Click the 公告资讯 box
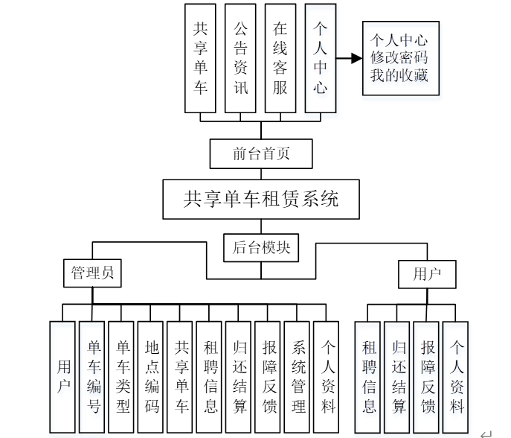(240, 57)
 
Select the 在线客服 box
(280, 57)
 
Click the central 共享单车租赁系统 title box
(261, 199)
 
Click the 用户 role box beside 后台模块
(427, 274)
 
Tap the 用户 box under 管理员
(63, 377)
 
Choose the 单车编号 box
(93, 377)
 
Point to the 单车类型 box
(122, 377)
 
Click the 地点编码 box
(151, 377)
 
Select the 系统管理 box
(298, 377)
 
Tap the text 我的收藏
(399, 75)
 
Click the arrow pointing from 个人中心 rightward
(346, 57)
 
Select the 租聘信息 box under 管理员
(210, 377)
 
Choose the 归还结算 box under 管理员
(239, 377)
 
